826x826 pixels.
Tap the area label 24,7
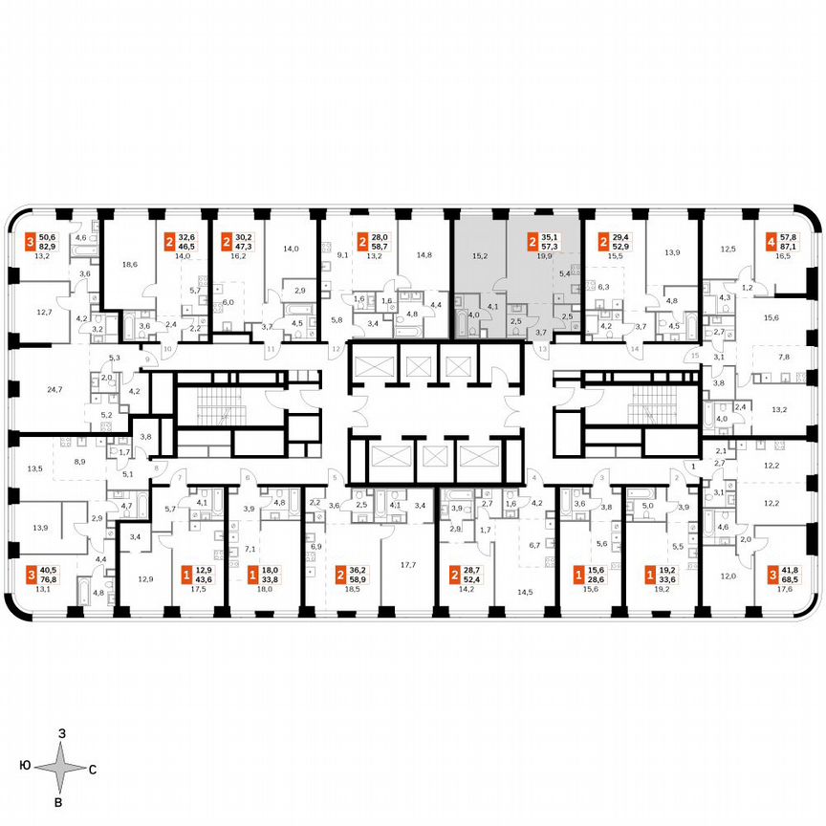pyautogui.click(x=54, y=389)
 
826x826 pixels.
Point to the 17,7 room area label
pyautogui.click(x=409, y=565)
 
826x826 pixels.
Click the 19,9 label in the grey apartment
pyautogui.click(x=546, y=256)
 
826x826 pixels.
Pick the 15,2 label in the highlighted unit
pyautogui.click(x=480, y=255)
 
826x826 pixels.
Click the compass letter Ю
pyautogui.click(x=22, y=767)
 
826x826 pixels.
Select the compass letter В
pyautogui.click(x=60, y=801)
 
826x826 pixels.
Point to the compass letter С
pyautogui.click(x=93, y=768)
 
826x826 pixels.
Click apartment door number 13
pyautogui.click(x=543, y=351)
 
